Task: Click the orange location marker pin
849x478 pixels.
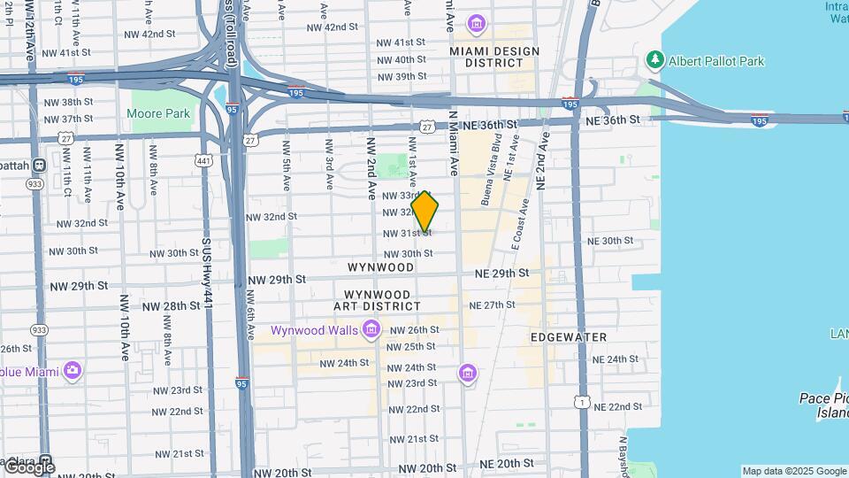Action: (x=425, y=212)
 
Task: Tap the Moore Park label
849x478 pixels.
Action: (x=158, y=113)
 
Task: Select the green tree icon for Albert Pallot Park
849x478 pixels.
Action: (x=655, y=60)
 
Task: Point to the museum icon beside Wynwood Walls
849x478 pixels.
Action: (x=371, y=330)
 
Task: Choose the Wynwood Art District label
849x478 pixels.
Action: (x=377, y=300)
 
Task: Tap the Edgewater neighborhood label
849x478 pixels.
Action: (x=569, y=337)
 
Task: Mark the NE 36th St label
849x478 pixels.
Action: (x=608, y=120)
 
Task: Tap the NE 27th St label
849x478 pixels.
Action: (x=492, y=305)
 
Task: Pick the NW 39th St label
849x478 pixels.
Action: (x=401, y=76)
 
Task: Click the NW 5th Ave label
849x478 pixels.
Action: (x=287, y=166)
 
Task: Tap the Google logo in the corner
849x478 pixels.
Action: (x=28, y=466)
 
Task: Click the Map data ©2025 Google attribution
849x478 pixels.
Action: (x=793, y=471)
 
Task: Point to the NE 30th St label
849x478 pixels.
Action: (x=611, y=241)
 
